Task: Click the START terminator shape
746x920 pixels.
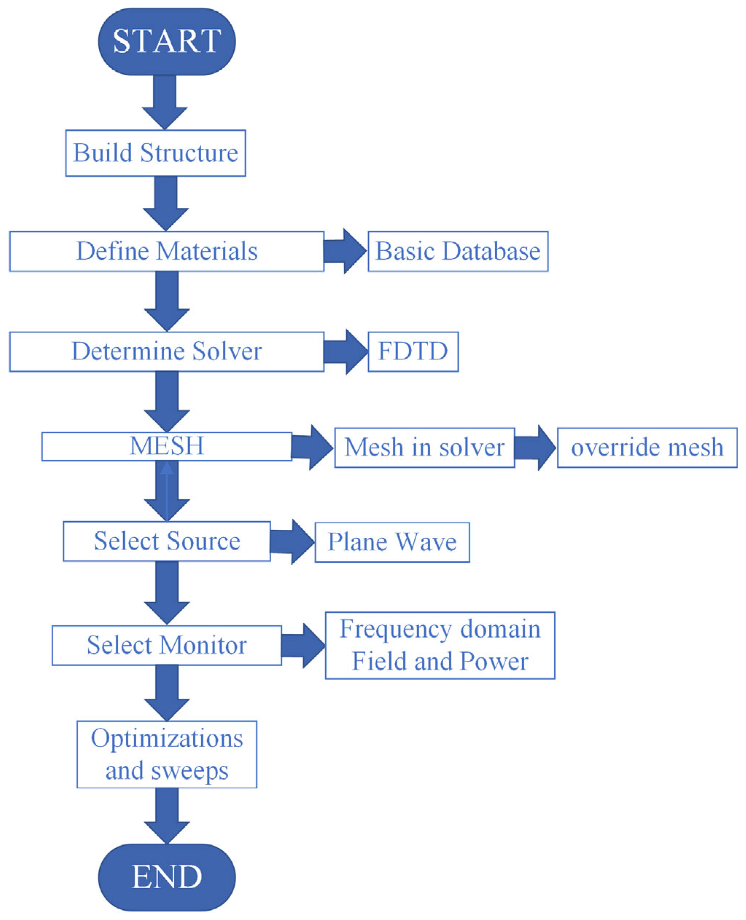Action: (167, 42)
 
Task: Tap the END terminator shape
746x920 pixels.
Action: (167, 877)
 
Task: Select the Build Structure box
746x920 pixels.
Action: (156, 153)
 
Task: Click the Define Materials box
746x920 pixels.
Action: (167, 251)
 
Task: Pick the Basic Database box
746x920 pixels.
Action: (458, 251)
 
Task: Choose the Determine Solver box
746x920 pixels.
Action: (167, 352)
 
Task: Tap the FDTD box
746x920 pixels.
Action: (413, 352)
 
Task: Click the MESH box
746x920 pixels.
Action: (167, 446)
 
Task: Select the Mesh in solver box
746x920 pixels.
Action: (424, 448)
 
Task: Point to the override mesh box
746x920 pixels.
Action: (647, 448)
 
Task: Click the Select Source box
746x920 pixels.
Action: (167, 541)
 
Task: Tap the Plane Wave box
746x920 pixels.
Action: (392, 542)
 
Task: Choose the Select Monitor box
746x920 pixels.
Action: (167, 645)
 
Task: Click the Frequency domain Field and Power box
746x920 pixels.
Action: (440, 645)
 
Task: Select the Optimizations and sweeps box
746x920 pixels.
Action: (167, 754)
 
